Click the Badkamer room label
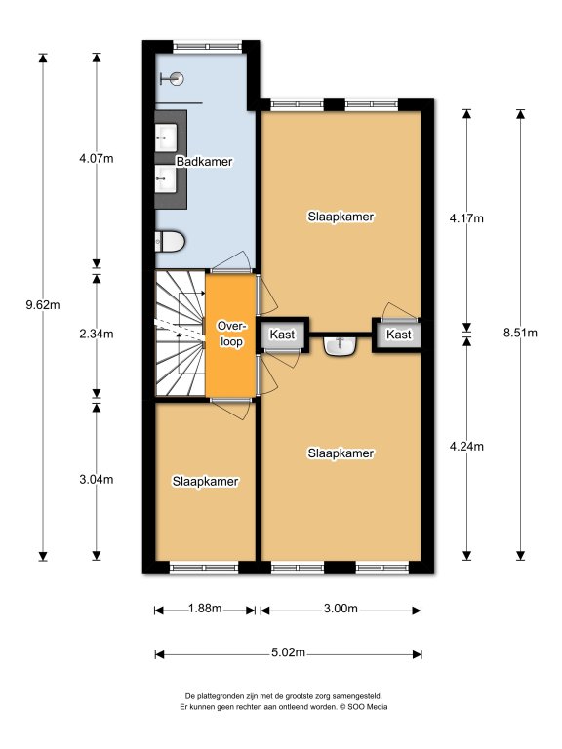(x=204, y=162)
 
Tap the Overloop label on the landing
(x=231, y=334)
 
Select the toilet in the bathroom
(x=170, y=241)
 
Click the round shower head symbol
(x=177, y=78)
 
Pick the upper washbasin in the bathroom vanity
(x=166, y=138)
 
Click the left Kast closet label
(x=282, y=335)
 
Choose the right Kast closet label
(x=398, y=335)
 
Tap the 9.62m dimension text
(x=43, y=304)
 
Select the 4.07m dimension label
(x=97, y=158)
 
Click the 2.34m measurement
(x=97, y=334)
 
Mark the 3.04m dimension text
(x=97, y=479)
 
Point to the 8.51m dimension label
(x=520, y=333)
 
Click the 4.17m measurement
(x=466, y=218)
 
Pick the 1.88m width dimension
(x=205, y=609)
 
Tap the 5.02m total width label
(x=288, y=652)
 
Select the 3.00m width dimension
(x=341, y=609)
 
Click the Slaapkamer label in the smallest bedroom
(x=206, y=481)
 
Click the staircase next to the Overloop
(x=181, y=333)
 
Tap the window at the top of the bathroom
(x=208, y=47)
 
